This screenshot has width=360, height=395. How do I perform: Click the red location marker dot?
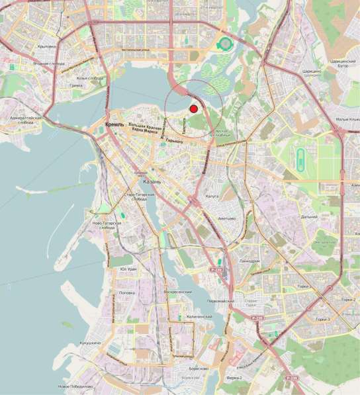[x=193, y=109]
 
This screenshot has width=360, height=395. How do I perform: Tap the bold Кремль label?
[x=116, y=124]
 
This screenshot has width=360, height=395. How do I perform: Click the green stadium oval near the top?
[x=226, y=44]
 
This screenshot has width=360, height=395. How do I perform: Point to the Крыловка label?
[x=46, y=46]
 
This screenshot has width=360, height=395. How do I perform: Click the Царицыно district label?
[x=312, y=69]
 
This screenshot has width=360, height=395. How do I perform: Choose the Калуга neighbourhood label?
[x=212, y=197]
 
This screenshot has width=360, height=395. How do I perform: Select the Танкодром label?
[x=249, y=261]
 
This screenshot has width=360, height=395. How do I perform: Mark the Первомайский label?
[x=222, y=301]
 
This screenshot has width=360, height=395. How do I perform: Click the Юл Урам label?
[x=128, y=269]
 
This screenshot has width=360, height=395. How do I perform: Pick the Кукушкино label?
[x=90, y=343]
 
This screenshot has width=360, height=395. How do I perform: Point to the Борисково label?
[x=198, y=369]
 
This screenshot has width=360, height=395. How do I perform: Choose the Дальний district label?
[x=308, y=216]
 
